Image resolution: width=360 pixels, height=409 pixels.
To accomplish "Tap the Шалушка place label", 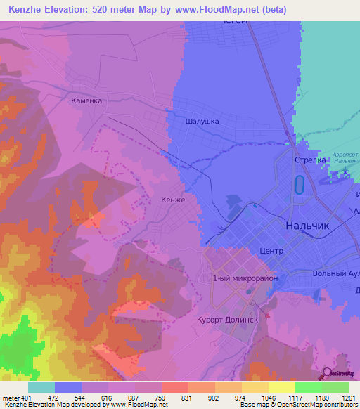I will (202, 121).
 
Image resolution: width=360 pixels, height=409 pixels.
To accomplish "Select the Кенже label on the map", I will (173, 200).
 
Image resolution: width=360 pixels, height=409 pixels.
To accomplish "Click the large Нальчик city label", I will (307, 226).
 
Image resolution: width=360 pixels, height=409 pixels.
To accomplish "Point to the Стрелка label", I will (309, 160).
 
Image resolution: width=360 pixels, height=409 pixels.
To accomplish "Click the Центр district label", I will (271, 251).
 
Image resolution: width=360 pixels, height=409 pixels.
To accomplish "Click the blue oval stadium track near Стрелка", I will (300, 186).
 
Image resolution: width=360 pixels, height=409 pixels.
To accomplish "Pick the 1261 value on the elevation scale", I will (347, 398).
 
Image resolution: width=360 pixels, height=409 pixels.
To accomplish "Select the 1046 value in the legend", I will (267, 398).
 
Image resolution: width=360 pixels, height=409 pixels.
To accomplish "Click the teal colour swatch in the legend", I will (41, 387).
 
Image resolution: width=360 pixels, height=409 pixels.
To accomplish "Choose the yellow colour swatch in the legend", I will (281, 387).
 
